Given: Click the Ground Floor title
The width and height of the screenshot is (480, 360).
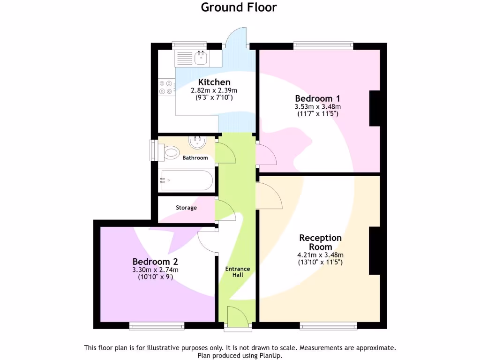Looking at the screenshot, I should click(239, 7).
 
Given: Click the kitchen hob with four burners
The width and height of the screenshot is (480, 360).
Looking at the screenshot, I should click(166, 87).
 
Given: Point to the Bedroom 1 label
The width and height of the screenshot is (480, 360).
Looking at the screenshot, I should click(317, 98).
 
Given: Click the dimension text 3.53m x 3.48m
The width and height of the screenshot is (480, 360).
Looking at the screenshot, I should click(317, 106).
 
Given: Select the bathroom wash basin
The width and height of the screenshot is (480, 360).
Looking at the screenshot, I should click(197, 142).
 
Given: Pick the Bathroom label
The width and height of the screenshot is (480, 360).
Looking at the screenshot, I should click(195, 158).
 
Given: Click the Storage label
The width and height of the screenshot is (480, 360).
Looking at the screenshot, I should click(186, 208).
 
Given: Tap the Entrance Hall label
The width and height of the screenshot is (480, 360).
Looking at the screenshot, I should click(238, 272).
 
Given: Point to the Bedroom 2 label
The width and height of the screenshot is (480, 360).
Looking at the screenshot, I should click(155, 262).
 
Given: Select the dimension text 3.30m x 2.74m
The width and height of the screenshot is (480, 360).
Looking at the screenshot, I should click(155, 270).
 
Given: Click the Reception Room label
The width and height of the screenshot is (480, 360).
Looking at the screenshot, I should click(320, 242).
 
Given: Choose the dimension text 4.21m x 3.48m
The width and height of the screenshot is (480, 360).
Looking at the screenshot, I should click(320, 255).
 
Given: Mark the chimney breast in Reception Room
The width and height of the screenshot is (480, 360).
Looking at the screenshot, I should click(375, 251).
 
